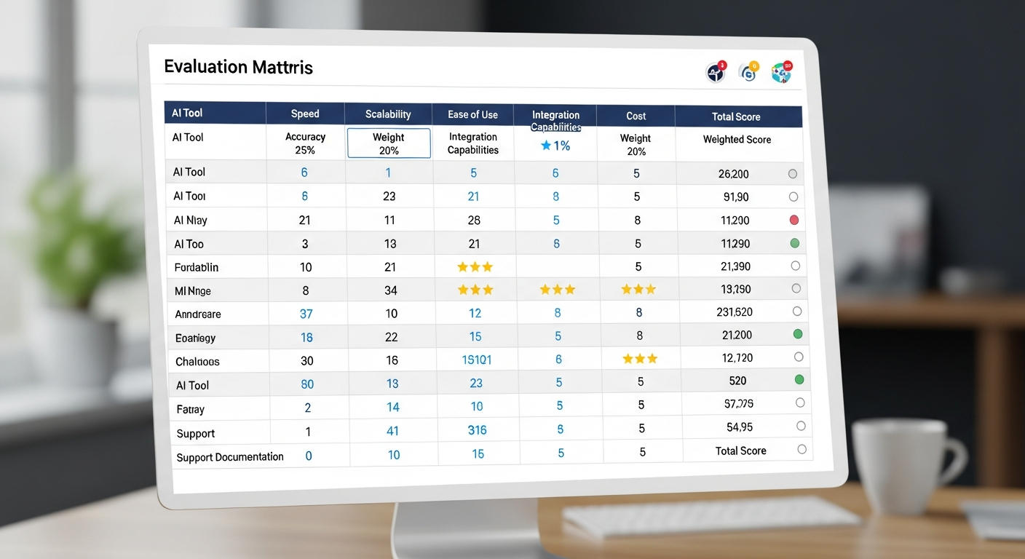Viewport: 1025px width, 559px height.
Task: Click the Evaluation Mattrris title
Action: point(238,68)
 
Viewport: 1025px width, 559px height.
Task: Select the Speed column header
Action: point(305,114)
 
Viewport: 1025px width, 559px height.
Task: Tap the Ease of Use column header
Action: point(473,114)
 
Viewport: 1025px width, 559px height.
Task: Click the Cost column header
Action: point(636,116)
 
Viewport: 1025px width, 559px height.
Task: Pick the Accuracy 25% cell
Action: point(305,143)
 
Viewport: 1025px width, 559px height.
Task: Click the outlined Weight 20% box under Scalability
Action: point(389,143)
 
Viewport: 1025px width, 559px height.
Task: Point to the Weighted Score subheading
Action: point(737,139)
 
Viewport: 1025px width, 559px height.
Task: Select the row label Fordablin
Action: point(197,267)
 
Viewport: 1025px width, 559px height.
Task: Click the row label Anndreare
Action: point(198,314)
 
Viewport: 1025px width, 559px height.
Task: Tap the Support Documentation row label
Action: point(230,457)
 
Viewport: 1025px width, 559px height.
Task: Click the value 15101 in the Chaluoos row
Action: point(477,360)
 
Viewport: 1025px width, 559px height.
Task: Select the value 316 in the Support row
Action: point(477,430)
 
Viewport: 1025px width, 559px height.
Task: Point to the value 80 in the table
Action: point(307,384)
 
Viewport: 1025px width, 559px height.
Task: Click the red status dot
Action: point(794,220)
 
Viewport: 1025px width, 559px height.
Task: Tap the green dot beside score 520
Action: point(799,379)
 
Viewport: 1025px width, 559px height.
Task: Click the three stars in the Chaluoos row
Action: point(640,359)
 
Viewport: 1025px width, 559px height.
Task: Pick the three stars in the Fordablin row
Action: point(475,267)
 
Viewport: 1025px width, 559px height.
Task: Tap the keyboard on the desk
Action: point(710,517)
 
